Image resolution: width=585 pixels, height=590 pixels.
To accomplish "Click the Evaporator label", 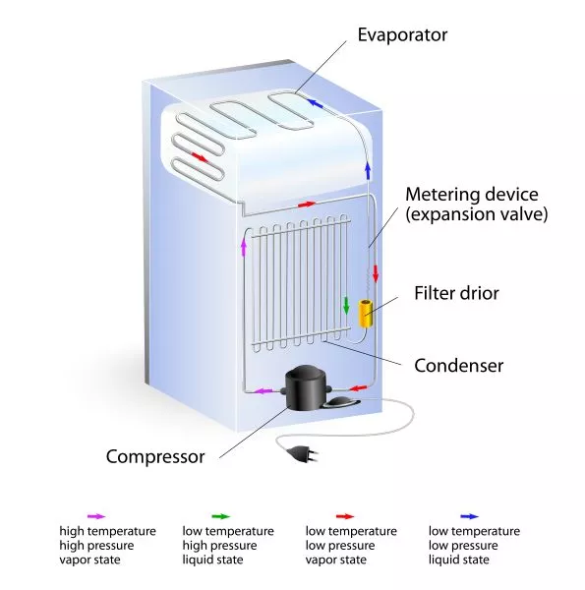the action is pos(402,35).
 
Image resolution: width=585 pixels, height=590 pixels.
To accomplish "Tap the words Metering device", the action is pos(472,195).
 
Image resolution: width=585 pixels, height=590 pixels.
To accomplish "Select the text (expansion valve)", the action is pos(476,214).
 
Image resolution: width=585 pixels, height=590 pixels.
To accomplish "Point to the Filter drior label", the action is pos(456,293).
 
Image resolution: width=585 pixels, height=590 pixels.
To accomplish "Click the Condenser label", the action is pos(458,366).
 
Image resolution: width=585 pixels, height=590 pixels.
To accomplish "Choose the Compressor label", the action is pos(155,457).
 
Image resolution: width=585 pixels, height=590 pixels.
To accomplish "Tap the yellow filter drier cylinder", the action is pos(366,313).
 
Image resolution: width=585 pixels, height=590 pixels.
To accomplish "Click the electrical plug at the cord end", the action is pos(305,453).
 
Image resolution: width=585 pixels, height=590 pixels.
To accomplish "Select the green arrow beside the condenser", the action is pos(346,306).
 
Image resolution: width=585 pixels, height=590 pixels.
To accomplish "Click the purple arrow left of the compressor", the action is pos(263,391).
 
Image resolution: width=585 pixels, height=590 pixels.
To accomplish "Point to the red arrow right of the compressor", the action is pos(358,387).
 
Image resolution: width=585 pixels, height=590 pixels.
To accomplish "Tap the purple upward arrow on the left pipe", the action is pos(244,248).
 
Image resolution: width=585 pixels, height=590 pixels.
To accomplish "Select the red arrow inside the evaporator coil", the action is pos(201,157).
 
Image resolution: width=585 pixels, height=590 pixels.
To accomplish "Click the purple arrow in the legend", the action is pos(96,516).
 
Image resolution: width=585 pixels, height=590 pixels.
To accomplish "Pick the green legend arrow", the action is pos(221,516).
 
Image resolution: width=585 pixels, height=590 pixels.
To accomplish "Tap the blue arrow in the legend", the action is pos(470,516).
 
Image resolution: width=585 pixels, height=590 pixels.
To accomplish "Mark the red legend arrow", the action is pos(345,516).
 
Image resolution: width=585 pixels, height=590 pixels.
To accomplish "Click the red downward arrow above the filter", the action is pos(375,273).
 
